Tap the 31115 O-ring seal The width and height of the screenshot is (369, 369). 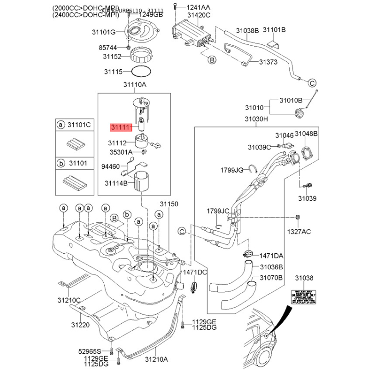click(141, 72)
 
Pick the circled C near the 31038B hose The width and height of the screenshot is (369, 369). click(311, 83)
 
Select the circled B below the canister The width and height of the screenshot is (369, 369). click(212, 60)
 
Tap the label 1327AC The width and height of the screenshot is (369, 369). click(299, 231)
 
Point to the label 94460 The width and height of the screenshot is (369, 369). click(110, 166)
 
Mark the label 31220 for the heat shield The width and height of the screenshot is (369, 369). click(79, 325)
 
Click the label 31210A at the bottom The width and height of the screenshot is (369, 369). click(156, 359)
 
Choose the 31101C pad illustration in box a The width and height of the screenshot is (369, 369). click(74, 144)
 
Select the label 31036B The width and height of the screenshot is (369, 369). click(271, 267)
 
